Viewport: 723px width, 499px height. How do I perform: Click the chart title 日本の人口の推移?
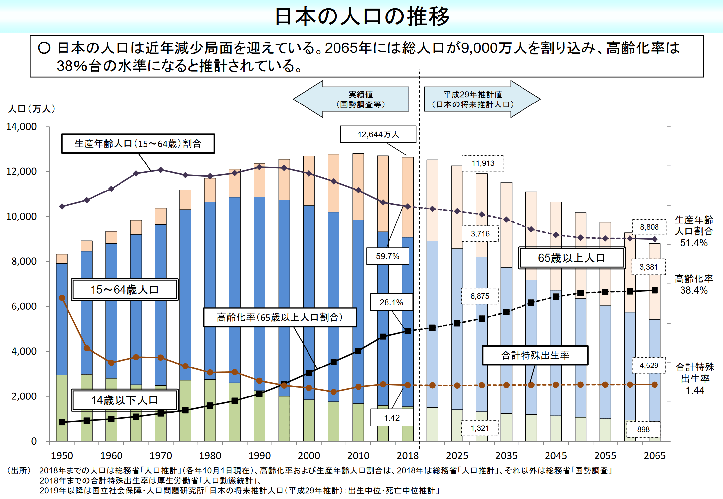click(x=362, y=16)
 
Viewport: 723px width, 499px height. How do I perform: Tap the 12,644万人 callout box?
click(x=378, y=134)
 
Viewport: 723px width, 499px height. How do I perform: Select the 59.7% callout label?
click(x=388, y=256)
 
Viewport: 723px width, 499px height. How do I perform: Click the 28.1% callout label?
click(x=391, y=302)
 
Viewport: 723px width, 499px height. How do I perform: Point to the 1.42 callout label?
click(x=391, y=418)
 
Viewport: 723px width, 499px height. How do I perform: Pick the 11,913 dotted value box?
click(x=483, y=163)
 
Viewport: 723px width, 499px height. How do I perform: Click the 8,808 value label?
click(x=649, y=227)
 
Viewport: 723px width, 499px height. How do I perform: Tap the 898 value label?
click(x=643, y=429)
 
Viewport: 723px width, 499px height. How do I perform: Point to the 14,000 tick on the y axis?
click(x=21, y=127)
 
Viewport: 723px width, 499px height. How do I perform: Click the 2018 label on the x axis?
click(x=408, y=455)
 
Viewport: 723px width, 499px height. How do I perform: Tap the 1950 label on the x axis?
click(x=62, y=455)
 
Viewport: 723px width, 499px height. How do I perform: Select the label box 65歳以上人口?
click(x=572, y=258)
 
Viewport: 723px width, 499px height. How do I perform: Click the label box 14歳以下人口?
click(x=125, y=400)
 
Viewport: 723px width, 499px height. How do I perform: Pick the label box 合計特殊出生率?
click(x=535, y=355)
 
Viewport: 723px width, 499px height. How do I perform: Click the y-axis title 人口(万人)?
click(x=31, y=109)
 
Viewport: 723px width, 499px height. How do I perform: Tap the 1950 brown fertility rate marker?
click(x=62, y=298)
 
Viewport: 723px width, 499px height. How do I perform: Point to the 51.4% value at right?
click(x=694, y=243)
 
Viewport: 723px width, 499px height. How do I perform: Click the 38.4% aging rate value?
click(x=694, y=290)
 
